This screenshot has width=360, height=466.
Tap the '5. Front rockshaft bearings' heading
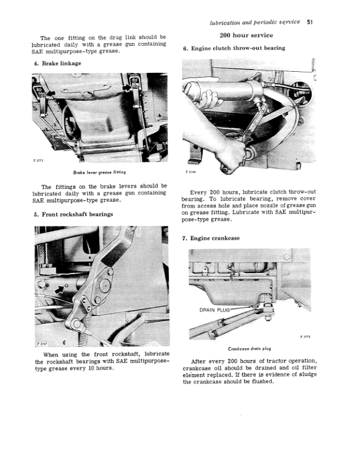tap(73, 214)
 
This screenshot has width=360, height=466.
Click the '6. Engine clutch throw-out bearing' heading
tap(234, 48)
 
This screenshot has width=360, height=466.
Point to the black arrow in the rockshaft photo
tap(58, 289)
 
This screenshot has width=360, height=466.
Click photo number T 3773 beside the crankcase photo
tap(305, 337)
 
